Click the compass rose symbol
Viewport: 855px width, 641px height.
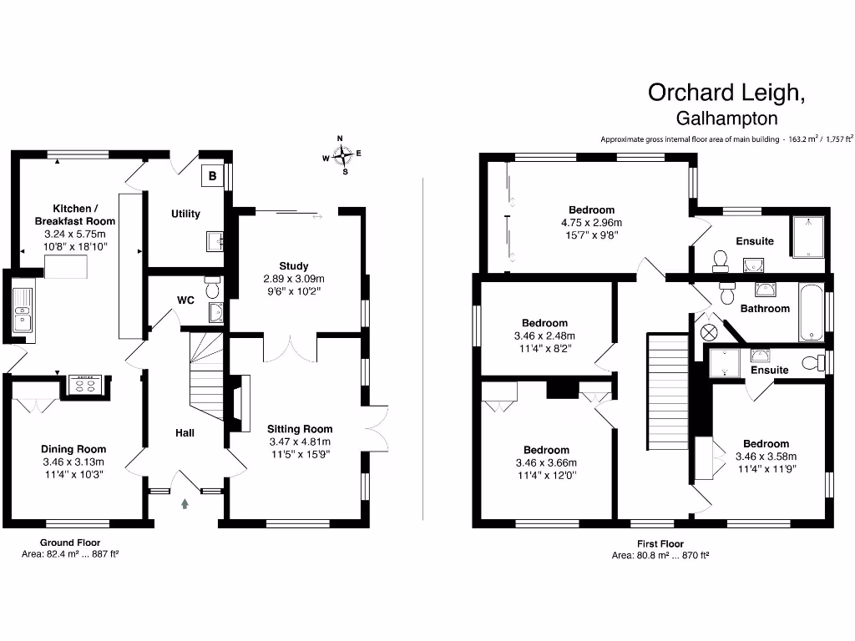tap(342, 155)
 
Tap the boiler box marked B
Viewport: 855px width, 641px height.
tap(212, 176)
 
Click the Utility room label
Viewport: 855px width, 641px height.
tap(185, 214)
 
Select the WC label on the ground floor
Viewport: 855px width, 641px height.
tap(185, 300)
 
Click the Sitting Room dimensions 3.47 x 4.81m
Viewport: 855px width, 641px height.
tap(300, 442)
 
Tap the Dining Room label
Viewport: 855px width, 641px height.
tap(74, 449)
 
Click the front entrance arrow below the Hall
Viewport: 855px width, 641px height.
tap(185, 503)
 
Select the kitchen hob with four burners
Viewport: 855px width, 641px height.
tap(84, 384)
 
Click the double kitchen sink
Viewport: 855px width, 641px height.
tap(23, 308)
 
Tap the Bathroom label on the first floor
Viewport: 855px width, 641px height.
tap(765, 309)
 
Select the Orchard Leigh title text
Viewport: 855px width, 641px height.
tap(726, 92)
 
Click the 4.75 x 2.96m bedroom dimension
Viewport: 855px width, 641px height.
tap(591, 223)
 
